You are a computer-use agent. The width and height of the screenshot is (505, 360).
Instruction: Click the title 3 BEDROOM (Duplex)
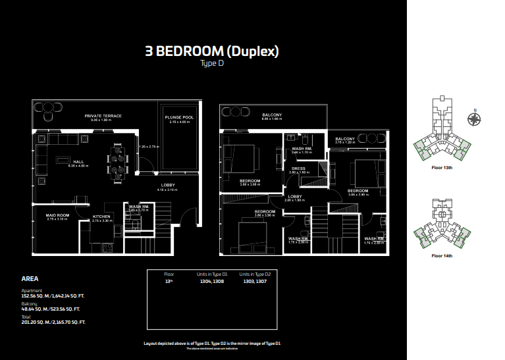tap(212, 52)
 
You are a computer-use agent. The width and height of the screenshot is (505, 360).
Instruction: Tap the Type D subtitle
tap(212, 64)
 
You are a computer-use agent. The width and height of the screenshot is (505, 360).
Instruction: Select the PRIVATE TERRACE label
tap(103, 116)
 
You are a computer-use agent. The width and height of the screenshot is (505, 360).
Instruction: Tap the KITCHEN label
tap(101, 217)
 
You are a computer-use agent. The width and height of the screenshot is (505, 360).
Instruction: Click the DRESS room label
tap(298, 168)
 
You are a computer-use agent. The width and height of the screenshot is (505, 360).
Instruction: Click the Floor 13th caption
tap(442, 168)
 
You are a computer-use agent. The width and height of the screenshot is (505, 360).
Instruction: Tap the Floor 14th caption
tap(442, 255)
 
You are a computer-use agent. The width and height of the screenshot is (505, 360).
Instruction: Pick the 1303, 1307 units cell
tap(255, 280)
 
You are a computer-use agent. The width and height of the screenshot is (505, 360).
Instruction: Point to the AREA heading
tap(30, 279)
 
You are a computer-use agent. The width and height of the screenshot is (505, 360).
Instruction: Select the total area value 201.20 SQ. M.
tap(53, 322)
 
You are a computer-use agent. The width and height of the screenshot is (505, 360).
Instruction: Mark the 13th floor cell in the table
tap(169, 280)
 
